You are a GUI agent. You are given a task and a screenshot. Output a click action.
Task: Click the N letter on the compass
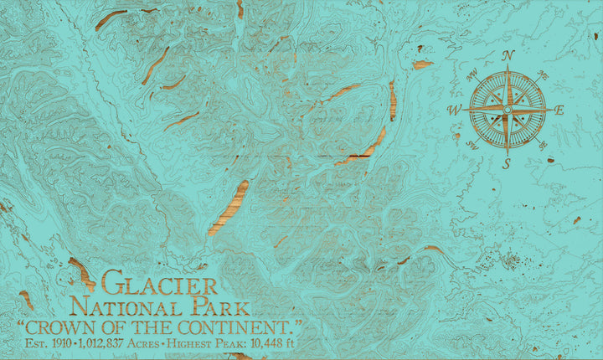pos(508,56)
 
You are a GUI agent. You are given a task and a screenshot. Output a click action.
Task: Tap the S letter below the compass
pos(507,163)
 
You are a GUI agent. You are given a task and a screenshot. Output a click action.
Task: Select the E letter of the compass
pos(559,110)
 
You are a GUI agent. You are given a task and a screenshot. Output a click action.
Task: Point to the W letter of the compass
pos(454,110)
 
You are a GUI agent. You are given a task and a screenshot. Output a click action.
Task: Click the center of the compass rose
pos(507,109)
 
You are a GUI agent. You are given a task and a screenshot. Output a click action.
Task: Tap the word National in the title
pos(126,306)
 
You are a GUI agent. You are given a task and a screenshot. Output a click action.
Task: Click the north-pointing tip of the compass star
pos(507,69)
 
